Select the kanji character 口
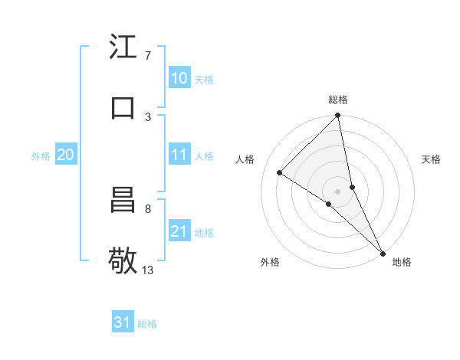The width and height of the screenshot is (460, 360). pos(123,107)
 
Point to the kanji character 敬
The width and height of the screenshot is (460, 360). pos(123,260)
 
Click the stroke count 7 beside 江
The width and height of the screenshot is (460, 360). pos(148,56)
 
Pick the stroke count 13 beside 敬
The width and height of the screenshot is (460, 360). pos(148,270)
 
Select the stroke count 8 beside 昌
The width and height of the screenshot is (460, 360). pos(148,208)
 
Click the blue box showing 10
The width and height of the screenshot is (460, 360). pos(179,78)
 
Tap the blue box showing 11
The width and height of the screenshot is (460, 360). pos(179,155)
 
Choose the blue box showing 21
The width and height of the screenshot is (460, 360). pos(179,231)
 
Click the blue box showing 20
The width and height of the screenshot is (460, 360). pos(65,155)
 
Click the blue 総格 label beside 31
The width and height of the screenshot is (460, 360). pos(147,324)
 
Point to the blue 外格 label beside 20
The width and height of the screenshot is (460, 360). pos(41,156)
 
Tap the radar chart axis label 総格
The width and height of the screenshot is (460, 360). pos(338,100)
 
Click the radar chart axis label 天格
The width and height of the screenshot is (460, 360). pos(431,159)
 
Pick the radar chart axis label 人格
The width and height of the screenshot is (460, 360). pos(245,159)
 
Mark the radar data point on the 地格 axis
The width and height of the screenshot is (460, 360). pos(382,252)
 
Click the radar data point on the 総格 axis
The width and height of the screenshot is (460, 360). pos(338,116)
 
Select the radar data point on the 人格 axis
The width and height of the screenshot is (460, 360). pos(280,172)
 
